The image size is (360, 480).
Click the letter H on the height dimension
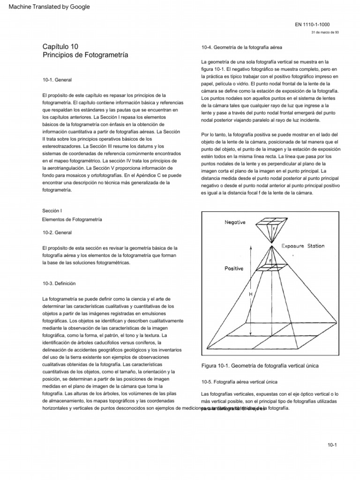click(251, 294)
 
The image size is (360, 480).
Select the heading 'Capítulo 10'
click(60, 46)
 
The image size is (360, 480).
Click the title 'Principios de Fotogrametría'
click(85, 55)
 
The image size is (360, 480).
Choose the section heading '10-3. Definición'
click(59, 284)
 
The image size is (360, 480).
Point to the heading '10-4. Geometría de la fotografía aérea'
click(241, 47)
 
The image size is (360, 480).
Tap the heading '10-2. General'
click(57, 232)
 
